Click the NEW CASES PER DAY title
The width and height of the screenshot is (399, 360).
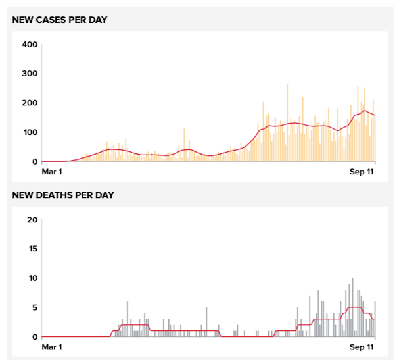pyautogui.click(x=60, y=20)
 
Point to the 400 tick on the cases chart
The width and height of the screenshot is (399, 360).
pyautogui.click(x=30, y=45)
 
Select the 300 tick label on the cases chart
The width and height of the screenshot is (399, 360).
pyautogui.click(x=30, y=74)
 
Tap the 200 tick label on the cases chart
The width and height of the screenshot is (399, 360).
pyautogui.click(x=30, y=103)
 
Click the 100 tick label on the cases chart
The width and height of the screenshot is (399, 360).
pyautogui.click(x=30, y=132)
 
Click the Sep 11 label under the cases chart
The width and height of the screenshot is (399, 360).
pyautogui.click(x=362, y=172)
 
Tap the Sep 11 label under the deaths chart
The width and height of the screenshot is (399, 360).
pyautogui.click(x=362, y=347)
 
